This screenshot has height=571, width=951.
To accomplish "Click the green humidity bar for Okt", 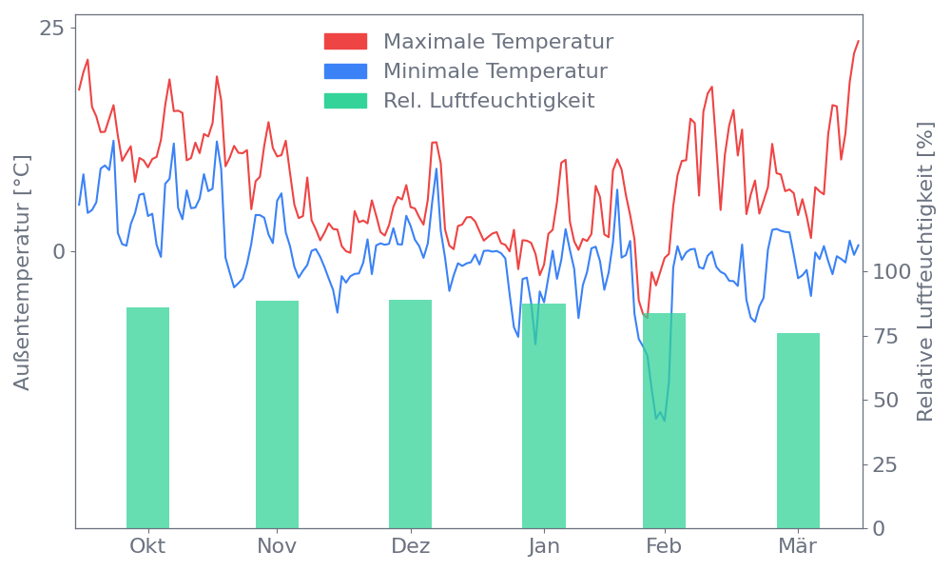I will (147, 419).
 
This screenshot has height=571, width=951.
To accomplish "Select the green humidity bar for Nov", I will (277, 415).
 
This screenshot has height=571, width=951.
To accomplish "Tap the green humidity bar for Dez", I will (410, 415).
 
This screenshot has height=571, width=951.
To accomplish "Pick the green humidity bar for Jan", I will (544, 417).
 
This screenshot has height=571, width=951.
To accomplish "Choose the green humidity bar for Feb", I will (664, 421).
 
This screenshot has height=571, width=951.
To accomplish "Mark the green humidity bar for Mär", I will (798, 431).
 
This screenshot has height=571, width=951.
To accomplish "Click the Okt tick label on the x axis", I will (147, 546).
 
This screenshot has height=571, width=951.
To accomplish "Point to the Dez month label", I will (410, 546).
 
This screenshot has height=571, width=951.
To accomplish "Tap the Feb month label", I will (664, 546).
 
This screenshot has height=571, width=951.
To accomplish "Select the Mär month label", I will (798, 546).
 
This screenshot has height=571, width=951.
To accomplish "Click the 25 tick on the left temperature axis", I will (51, 28).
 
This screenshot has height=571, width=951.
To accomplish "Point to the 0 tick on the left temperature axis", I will (58, 251).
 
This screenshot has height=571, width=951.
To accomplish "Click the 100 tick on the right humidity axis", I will (892, 272).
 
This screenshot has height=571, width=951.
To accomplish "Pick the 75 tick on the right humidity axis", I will (886, 336).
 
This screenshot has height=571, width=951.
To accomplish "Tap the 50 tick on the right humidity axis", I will (886, 400).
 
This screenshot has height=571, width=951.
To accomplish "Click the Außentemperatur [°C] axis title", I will (24, 272).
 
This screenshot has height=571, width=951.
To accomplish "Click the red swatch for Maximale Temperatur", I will (345, 42).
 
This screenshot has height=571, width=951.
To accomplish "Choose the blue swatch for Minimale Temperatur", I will (345, 71).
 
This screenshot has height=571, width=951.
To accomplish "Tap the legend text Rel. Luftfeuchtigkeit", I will (489, 101).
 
